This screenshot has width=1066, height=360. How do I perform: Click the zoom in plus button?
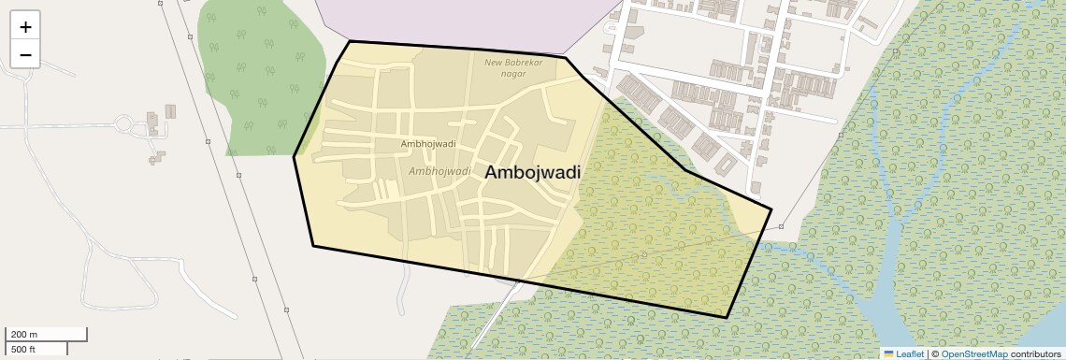point(25,27)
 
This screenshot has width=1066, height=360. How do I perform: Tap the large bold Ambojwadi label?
point(532,173)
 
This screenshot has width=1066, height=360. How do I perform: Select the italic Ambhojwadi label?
point(439,171)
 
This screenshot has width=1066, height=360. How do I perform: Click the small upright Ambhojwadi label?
point(427,144)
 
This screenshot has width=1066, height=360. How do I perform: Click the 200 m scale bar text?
point(24,334)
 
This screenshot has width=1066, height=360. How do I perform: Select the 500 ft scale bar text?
point(22,349)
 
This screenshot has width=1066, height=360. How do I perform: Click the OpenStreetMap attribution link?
point(974,353)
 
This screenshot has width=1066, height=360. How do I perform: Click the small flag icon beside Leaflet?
point(888,353)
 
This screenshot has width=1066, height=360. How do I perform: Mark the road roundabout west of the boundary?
point(123,122)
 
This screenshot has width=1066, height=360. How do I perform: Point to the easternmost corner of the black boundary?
point(771,209)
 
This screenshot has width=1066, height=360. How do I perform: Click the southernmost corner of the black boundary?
point(727,317)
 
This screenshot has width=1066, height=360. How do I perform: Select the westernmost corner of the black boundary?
point(295,156)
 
